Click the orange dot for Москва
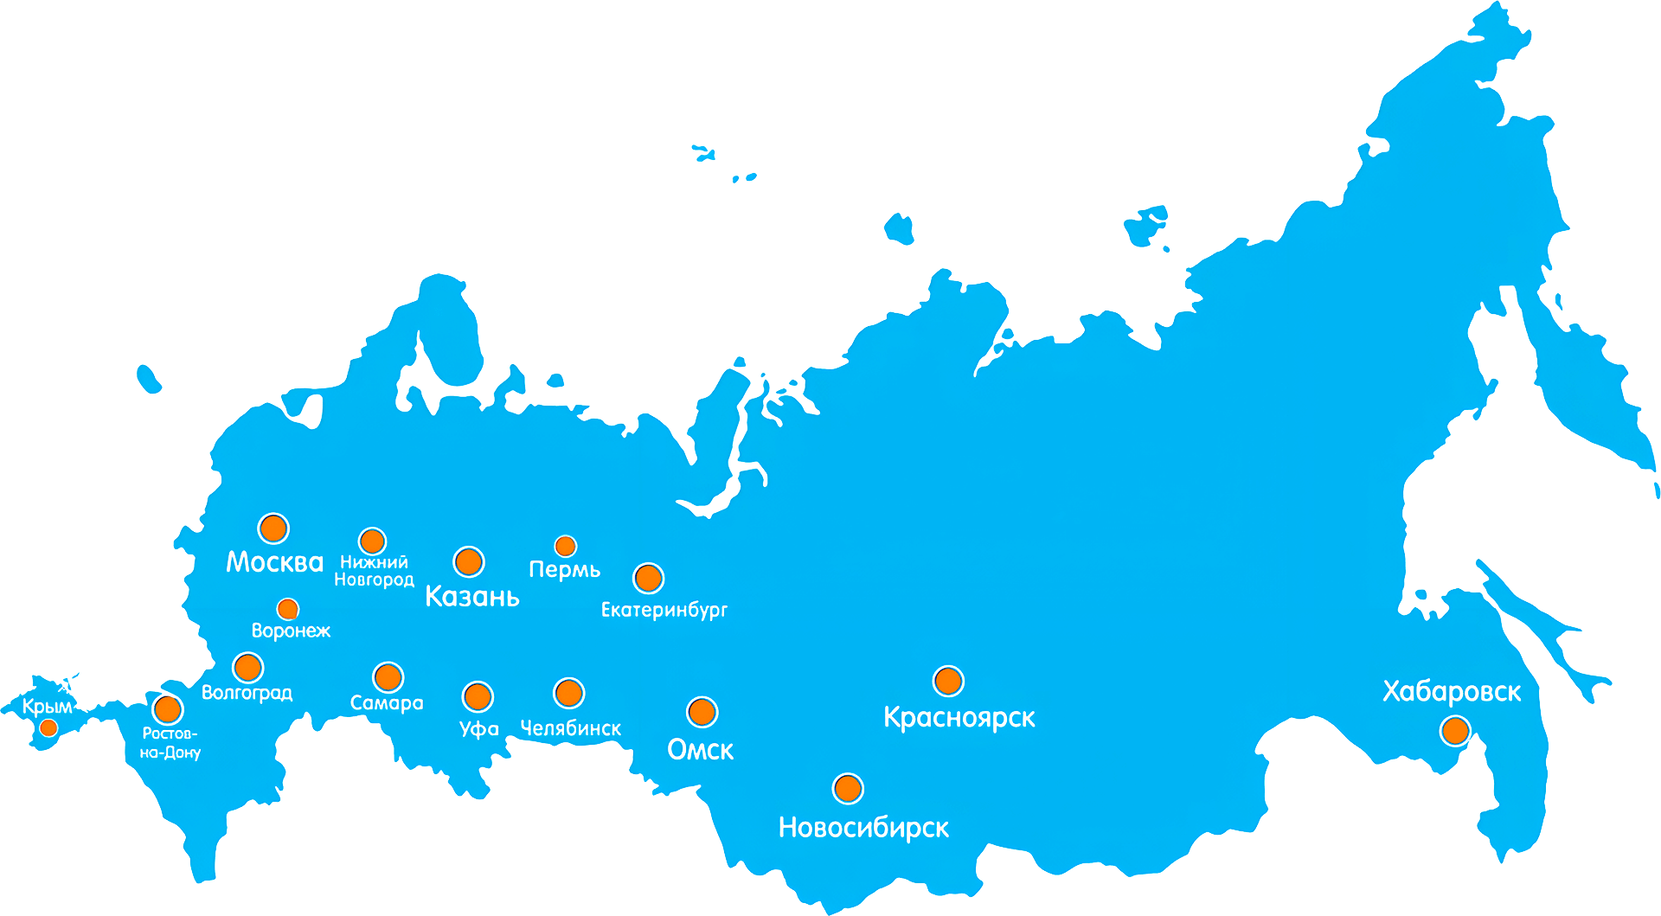pos(273,528)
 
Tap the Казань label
pos(472,596)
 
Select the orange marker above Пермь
pos(565,546)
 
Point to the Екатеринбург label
pos(664,610)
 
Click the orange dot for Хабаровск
pos(1455,731)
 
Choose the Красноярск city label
pos(959,718)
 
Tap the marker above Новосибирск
pos(848,788)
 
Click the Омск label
pos(700,749)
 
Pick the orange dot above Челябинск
pos(568,693)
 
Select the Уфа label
pos(479,729)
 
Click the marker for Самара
pos(388,677)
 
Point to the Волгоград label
pos(247,693)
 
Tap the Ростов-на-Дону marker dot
pos(168,709)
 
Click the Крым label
pos(48,707)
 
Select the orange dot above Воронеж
pos(288,609)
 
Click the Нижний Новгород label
pos(374,571)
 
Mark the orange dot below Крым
pos(49,727)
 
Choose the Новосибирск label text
pos(863,828)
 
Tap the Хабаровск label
pos(1451,692)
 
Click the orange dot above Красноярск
pos(948,682)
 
